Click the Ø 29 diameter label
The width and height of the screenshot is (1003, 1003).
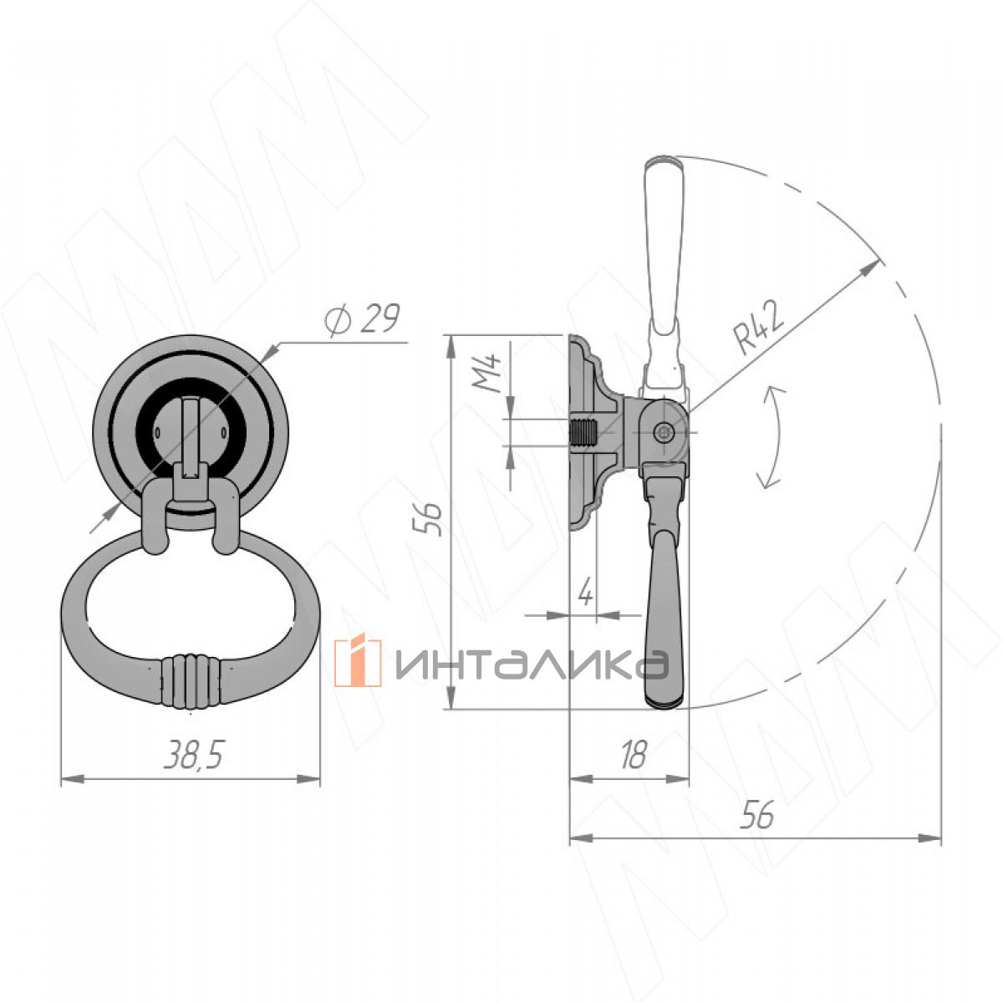(x=362, y=319)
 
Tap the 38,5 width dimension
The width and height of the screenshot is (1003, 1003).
(x=194, y=755)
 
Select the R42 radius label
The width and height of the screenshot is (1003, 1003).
(x=759, y=329)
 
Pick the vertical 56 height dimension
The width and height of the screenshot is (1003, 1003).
(x=427, y=519)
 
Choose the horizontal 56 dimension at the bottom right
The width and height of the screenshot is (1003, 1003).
(x=757, y=814)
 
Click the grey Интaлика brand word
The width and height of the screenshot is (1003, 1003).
(x=532, y=664)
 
